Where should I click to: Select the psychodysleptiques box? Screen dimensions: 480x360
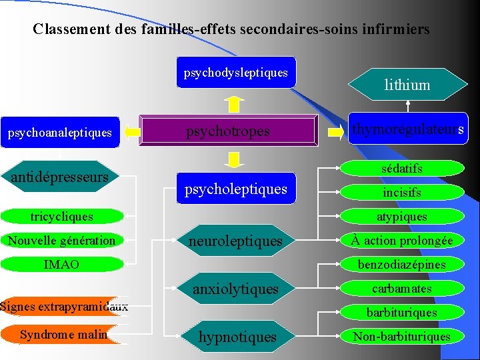(236, 72)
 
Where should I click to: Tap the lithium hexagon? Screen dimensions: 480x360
(407, 85)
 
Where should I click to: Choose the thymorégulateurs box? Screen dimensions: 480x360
(407, 129)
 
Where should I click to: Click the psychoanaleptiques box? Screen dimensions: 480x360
(60, 133)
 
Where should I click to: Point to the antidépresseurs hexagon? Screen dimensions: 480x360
(60, 177)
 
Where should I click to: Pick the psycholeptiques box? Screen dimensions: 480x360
(236, 189)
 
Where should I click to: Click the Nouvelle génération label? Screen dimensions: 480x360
(62, 240)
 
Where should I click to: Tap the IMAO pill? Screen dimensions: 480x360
(62, 265)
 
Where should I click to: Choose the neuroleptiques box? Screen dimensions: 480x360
(236, 241)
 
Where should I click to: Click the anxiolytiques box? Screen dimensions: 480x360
(236, 289)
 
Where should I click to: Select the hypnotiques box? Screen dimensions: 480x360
(237, 337)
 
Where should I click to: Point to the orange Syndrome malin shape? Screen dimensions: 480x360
(64, 335)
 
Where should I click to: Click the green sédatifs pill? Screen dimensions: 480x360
(401, 169)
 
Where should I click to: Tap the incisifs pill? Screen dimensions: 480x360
(401, 193)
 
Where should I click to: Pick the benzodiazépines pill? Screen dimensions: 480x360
(401, 265)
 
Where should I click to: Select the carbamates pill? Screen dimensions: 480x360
(401, 289)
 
